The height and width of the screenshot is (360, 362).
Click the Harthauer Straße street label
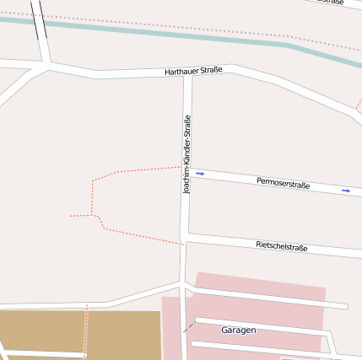pos(193,71)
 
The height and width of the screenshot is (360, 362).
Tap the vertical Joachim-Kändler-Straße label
pos(187,154)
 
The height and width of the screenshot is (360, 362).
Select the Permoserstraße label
pos(283,183)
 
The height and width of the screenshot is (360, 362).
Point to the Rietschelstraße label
pos(281,246)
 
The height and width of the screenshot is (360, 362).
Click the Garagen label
pos(238,330)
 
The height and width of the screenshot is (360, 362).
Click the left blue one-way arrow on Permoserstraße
pos(200,174)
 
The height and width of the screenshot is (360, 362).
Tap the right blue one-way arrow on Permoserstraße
pos(346,191)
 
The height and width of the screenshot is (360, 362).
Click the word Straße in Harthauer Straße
pos(210,70)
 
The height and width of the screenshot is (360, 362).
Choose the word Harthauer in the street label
pos(181,72)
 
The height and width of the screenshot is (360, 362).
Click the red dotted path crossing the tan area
pos(86,333)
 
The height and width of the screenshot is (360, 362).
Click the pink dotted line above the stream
pos(211,30)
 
